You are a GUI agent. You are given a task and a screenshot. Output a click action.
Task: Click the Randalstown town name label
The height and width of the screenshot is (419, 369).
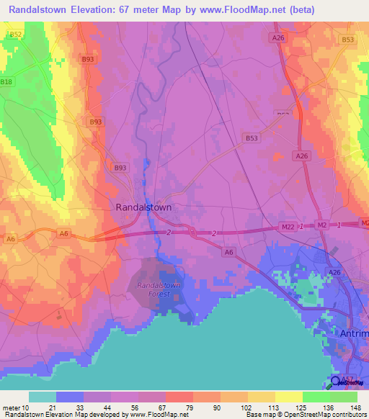tap(144, 207)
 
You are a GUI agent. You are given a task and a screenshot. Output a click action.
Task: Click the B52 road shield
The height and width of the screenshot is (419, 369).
tap(15, 35)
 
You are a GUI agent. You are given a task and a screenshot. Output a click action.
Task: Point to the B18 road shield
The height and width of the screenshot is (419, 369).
tap(6, 82)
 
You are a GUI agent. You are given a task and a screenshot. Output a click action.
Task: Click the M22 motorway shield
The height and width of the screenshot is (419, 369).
tap(288, 227)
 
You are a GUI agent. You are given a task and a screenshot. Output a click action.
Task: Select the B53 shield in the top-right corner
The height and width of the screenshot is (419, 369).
tap(349, 40)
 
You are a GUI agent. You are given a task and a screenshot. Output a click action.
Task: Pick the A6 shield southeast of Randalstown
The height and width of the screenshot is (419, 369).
tap(228, 251)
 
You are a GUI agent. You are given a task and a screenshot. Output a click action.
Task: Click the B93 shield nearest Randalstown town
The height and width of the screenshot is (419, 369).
tap(120, 168)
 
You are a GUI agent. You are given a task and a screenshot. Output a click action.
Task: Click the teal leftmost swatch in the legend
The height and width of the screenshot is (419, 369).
tap(42, 397)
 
